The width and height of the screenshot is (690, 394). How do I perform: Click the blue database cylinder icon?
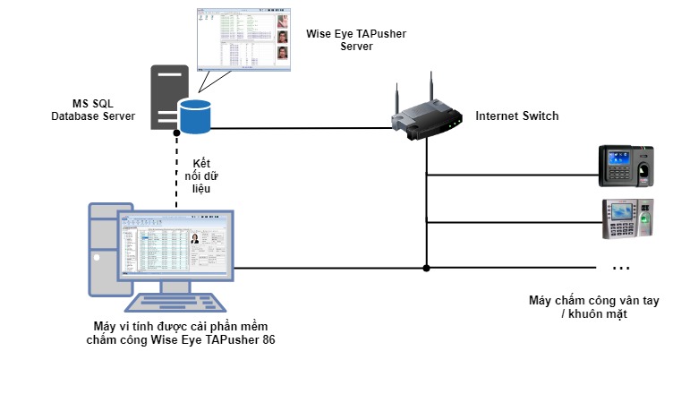[194, 116]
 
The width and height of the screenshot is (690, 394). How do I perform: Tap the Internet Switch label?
[516, 116]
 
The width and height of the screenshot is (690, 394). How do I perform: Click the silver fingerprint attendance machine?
[627, 218]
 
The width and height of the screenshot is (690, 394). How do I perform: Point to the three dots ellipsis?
[620, 267]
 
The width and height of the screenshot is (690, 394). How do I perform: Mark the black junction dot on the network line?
[427, 268]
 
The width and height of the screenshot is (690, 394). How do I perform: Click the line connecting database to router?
[304, 128]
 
